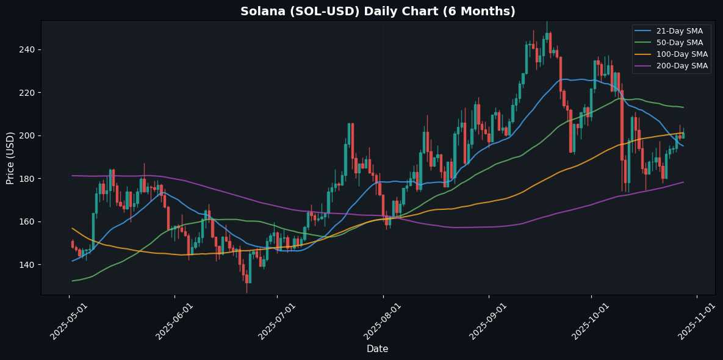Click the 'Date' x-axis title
[378, 348]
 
